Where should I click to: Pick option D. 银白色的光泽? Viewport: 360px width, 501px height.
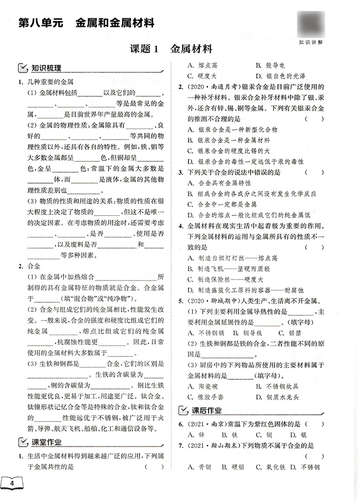click(x=280, y=76)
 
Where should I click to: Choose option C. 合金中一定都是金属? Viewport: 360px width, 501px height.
click(x=222, y=204)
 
